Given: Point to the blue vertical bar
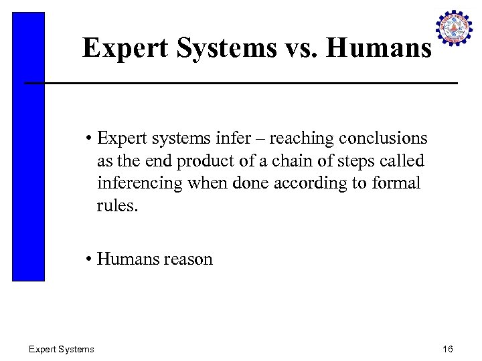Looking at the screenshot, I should [28, 147].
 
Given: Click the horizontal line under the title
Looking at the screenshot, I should [241, 83].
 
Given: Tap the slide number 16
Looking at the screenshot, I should [448, 349].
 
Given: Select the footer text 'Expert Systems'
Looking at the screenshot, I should [62, 349].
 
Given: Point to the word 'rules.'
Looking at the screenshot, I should [117, 205].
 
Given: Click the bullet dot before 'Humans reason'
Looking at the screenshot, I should [88, 259].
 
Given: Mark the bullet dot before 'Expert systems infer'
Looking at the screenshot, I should [88, 139].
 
